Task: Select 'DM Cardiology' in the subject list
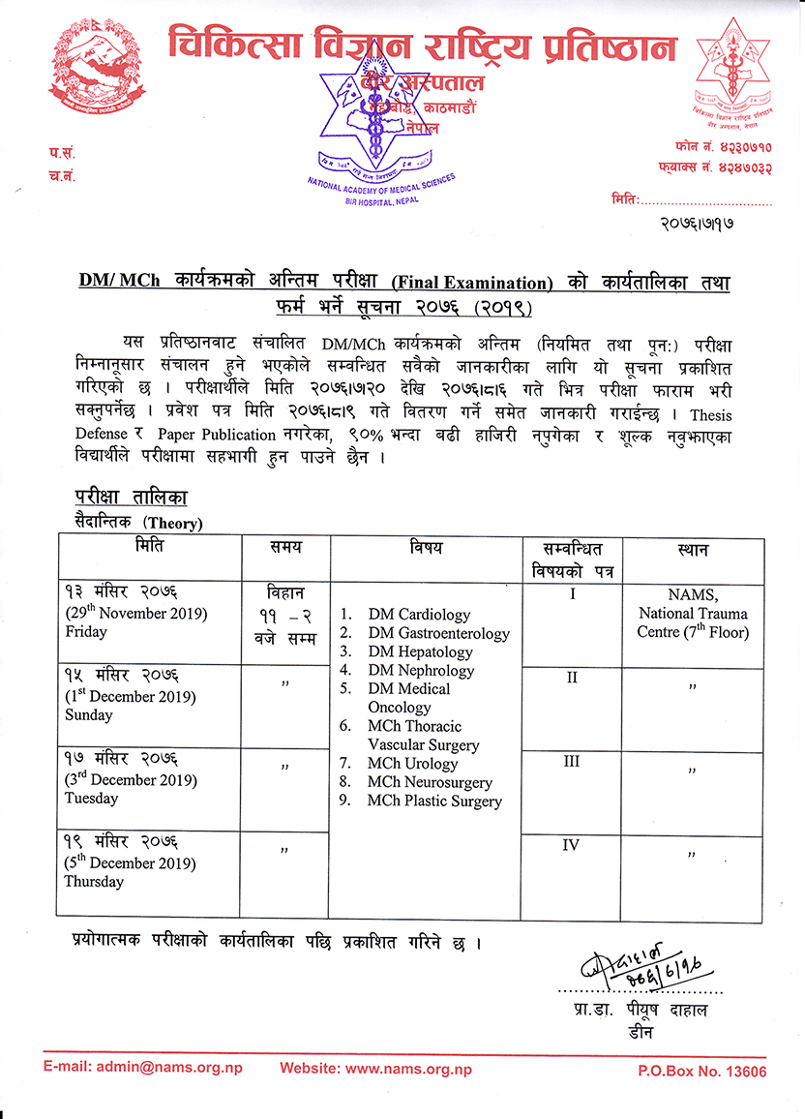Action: (x=419, y=615)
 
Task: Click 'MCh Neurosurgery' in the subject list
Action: (x=430, y=782)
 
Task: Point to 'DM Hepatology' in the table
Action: (x=420, y=651)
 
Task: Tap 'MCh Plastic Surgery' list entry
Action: (x=434, y=801)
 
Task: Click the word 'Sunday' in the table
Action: (x=89, y=715)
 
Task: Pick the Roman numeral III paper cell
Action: (x=571, y=762)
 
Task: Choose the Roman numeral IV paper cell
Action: (x=571, y=845)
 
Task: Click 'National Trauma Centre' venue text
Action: (x=693, y=622)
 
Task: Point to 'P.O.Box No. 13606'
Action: (x=701, y=1071)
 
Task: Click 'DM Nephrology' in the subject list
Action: (x=421, y=670)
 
